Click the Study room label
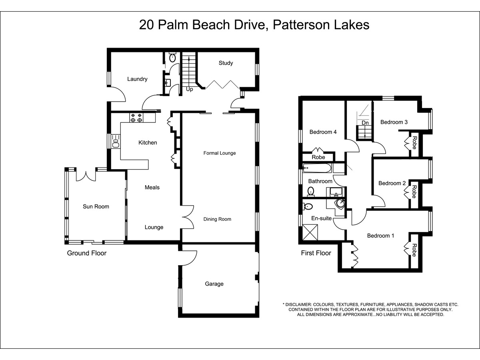[x=226, y=63]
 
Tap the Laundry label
[x=137, y=79]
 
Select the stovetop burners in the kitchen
[x=136, y=118]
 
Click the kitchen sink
[x=116, y=142]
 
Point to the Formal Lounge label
[x=220, y=153]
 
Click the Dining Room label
[x=217, y=219]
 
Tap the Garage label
[x=214, y=284]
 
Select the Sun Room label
[x=96, y=206]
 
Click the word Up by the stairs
[x=189, y=89]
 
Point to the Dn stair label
[x=365, y=123]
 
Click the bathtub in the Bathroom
[x=317, y=168]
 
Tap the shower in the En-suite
[x=310, y=232]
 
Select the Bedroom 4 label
[x=323, y=132]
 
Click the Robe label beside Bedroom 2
[x=414, y=192]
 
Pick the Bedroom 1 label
[x=380, y=236]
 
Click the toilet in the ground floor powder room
[x=172, y=57]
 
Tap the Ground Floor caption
[x=86, y=253]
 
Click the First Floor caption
[x=316, y=253]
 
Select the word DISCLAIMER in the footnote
[x=298, y=304]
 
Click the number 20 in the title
[x=146, y=25]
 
